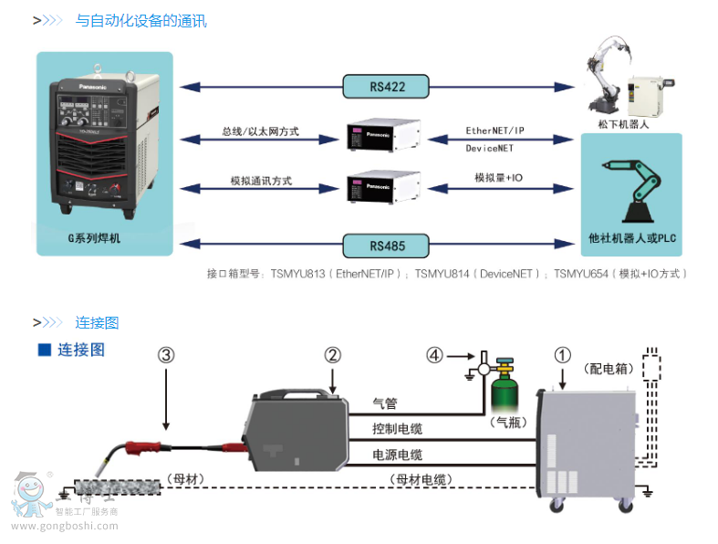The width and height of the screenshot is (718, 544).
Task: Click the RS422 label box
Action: [x=387, y=87]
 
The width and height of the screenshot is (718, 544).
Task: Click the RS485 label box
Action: [x=387, y=245]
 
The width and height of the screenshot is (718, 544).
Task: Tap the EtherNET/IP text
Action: [x=495, y=131]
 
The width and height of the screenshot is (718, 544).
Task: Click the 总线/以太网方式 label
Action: [x=260, y=131]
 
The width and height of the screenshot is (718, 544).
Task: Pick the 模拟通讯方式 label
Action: [x=261, y=181]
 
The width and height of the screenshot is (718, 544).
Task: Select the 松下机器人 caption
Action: [x=628, y=124]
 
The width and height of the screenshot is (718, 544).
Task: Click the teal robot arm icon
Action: [x=631, y=190]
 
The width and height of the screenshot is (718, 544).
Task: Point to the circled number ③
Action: [x=165, y=356]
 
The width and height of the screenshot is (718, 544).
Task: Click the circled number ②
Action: [x=333, y=356]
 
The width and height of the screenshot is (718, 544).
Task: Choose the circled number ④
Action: [x=434, y=356]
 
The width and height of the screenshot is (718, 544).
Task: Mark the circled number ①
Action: [x=564, y=356]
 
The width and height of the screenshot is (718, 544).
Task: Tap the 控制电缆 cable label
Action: [x=398, y=429]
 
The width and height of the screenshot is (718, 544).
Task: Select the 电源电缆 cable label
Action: [x=398, y=455]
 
